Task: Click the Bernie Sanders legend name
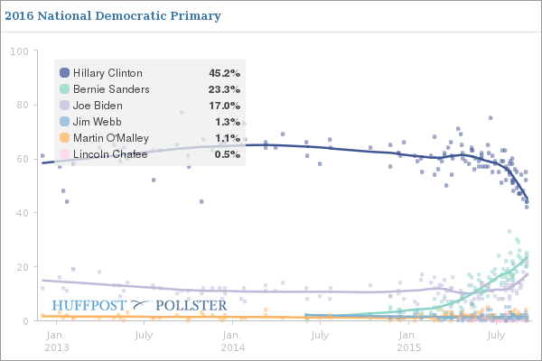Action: pos(111,89)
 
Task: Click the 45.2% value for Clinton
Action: pos(223,73)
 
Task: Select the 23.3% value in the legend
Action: pos(223,89)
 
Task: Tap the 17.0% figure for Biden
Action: pos(223,106)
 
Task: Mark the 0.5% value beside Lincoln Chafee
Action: pos(226,154)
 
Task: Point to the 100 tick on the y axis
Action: pos(18,51)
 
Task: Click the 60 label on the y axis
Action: pos(22,159)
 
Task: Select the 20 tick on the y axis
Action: pos(22,267)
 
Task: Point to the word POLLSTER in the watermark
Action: pos(192,306)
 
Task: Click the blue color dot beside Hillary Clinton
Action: pos(64,73)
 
